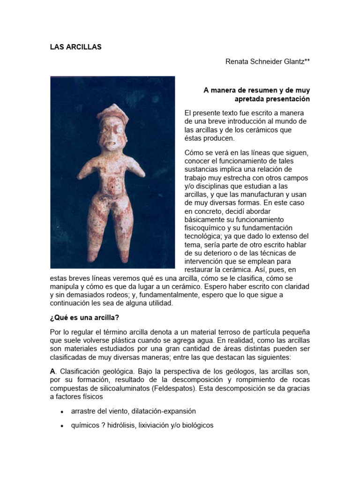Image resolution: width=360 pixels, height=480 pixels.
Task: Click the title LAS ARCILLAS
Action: click(x=75, y=47)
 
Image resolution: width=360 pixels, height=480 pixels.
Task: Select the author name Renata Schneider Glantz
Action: click(x=268, y=61)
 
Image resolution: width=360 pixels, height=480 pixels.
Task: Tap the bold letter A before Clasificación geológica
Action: click(x=52, y=371)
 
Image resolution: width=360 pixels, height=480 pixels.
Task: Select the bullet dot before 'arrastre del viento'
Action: click(x=62, y=412)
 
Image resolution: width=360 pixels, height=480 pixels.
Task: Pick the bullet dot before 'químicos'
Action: click(x=62, y=426)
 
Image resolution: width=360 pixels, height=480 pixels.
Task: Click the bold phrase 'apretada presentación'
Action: click(x=272, y=99)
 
